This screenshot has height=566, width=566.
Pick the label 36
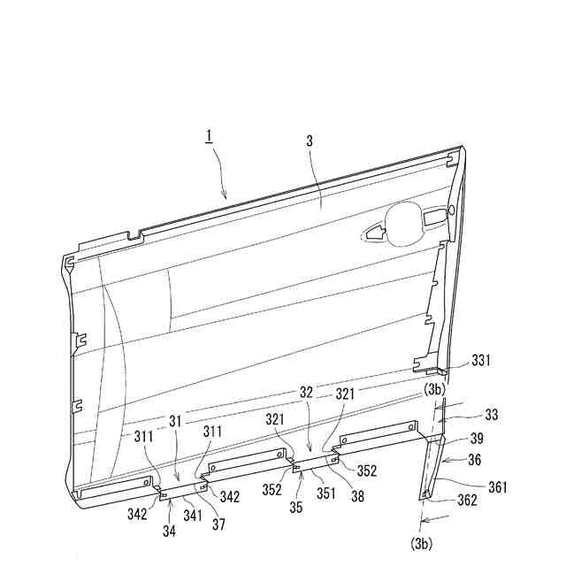tap(475, 459)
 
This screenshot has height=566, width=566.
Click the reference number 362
tap(468, 500)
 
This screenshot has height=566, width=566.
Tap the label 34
tap(168, 531)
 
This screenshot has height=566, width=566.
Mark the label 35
tap(296, 508)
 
